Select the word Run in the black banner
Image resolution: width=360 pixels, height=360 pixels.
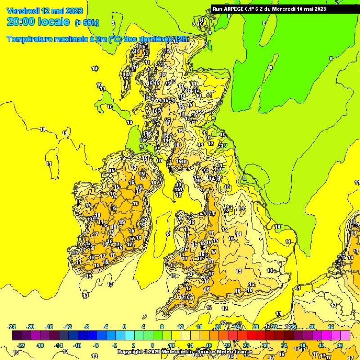(x=217, y=9)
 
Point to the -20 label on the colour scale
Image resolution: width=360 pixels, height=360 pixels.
(x=31, y=327)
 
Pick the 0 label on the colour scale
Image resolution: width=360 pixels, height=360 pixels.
(x=124, y=327)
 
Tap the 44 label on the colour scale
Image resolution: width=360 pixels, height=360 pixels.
(x=331, y=327)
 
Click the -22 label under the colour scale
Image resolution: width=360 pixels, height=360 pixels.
(x=21, y=346)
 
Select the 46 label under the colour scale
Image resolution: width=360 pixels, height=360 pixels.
(x=340, y=346)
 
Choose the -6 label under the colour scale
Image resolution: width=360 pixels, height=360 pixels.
(x=96, y=346)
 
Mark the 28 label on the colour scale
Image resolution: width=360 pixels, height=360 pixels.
(x=255, y=327)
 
